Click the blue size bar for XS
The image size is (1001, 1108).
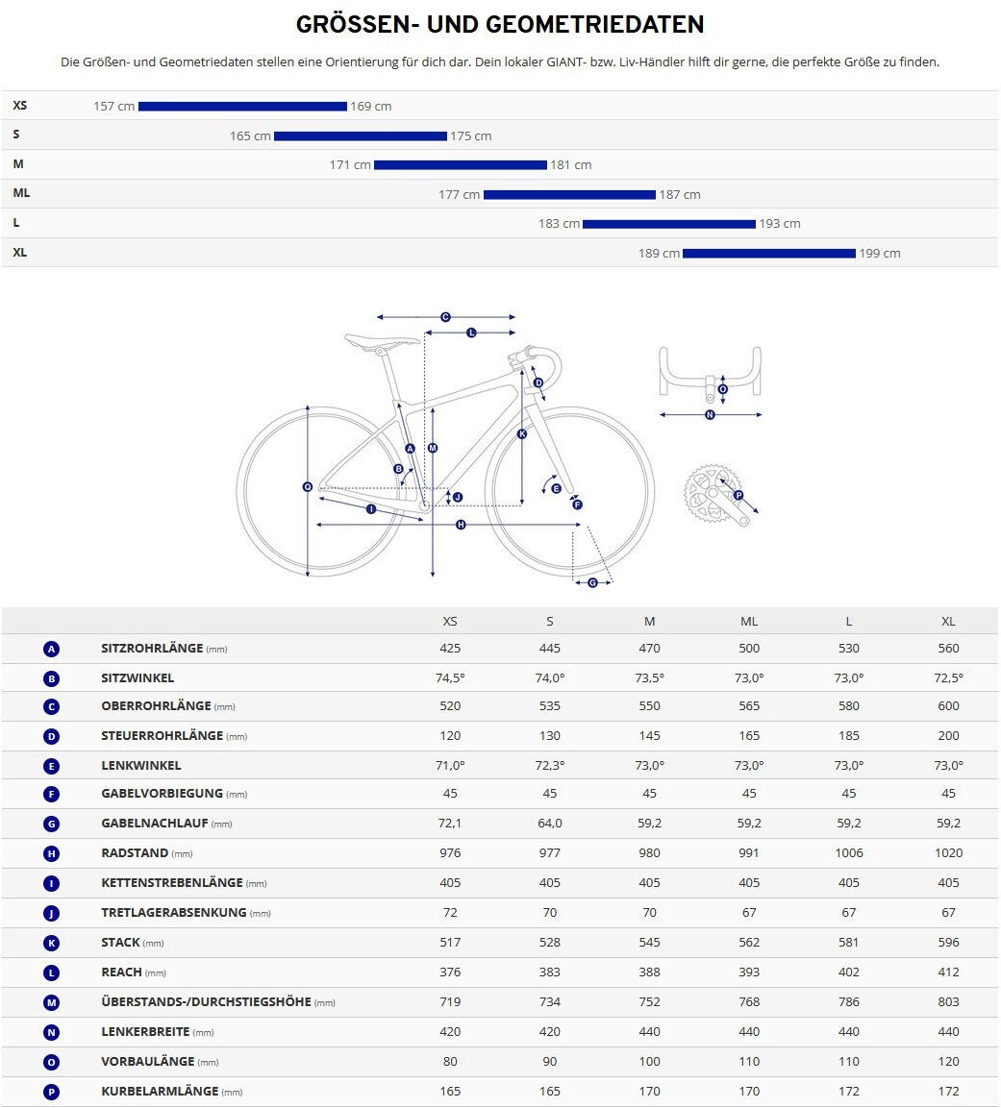242,106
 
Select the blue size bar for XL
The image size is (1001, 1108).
768,254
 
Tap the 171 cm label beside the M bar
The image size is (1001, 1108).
350,165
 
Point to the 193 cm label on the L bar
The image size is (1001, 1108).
779,224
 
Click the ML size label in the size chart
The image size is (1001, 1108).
21,193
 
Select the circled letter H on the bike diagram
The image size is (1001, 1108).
461,525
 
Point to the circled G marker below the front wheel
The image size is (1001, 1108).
592,582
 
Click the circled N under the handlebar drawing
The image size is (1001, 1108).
710,415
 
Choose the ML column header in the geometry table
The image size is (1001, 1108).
749,622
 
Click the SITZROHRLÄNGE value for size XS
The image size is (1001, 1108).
450,649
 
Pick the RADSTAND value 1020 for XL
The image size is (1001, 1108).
948,853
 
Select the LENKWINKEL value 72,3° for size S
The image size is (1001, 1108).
550,766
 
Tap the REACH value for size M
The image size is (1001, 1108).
650,973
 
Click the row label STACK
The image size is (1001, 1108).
120,943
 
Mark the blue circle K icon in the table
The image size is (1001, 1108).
52,944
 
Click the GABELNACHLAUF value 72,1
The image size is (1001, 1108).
450,824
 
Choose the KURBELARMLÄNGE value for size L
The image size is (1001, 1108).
849,1092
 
